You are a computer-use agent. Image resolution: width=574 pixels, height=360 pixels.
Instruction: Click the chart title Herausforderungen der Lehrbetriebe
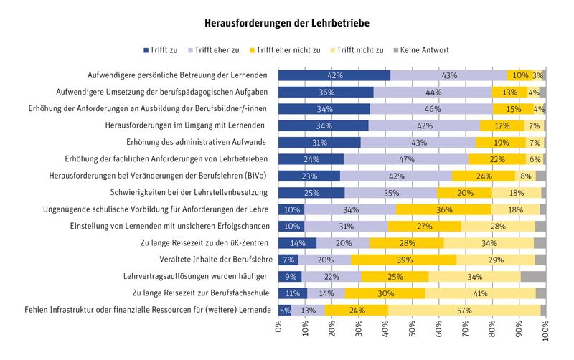tap(287, 23)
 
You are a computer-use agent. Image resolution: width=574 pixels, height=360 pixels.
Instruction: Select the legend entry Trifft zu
tap(160, 50)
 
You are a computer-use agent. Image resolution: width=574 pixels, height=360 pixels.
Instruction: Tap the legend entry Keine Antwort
tap(421, 50)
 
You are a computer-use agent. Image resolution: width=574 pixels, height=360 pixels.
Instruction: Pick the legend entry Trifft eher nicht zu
tap(285, 50)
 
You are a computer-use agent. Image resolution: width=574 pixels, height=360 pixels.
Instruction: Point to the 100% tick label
tap(546, 331)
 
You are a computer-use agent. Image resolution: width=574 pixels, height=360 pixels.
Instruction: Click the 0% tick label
tap(278, 327)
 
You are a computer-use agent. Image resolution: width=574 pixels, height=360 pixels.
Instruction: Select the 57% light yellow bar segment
tap(464, 311)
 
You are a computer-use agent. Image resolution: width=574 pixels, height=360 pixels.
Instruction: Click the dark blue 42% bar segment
tap(334, 75)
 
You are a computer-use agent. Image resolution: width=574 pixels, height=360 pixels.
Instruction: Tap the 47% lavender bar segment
tap(406, 159)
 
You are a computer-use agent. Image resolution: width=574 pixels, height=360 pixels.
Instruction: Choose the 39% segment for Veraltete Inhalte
tap(404, 260)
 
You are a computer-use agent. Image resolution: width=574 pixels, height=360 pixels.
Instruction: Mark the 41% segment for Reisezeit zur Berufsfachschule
tap(480, 293)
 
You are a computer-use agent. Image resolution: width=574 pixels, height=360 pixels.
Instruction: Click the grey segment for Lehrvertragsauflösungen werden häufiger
tap(533, 277)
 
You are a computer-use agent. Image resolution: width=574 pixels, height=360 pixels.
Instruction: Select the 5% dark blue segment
tap(285, 311)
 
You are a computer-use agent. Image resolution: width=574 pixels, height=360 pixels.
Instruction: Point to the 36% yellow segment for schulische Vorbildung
tap(443, 209)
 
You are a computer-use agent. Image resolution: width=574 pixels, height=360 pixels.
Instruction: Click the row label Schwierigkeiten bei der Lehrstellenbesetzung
tap(189, 192)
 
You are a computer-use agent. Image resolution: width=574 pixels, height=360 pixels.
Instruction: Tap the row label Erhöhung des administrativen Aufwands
tap(196, 142)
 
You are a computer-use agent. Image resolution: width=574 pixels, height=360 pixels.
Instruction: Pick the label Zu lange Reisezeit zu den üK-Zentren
tap(204, 243)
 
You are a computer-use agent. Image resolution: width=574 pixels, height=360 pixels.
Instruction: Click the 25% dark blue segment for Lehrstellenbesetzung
tap(311, 193)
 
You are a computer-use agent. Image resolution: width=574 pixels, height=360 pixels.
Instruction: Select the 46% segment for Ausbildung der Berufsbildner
tap(432, 109)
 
